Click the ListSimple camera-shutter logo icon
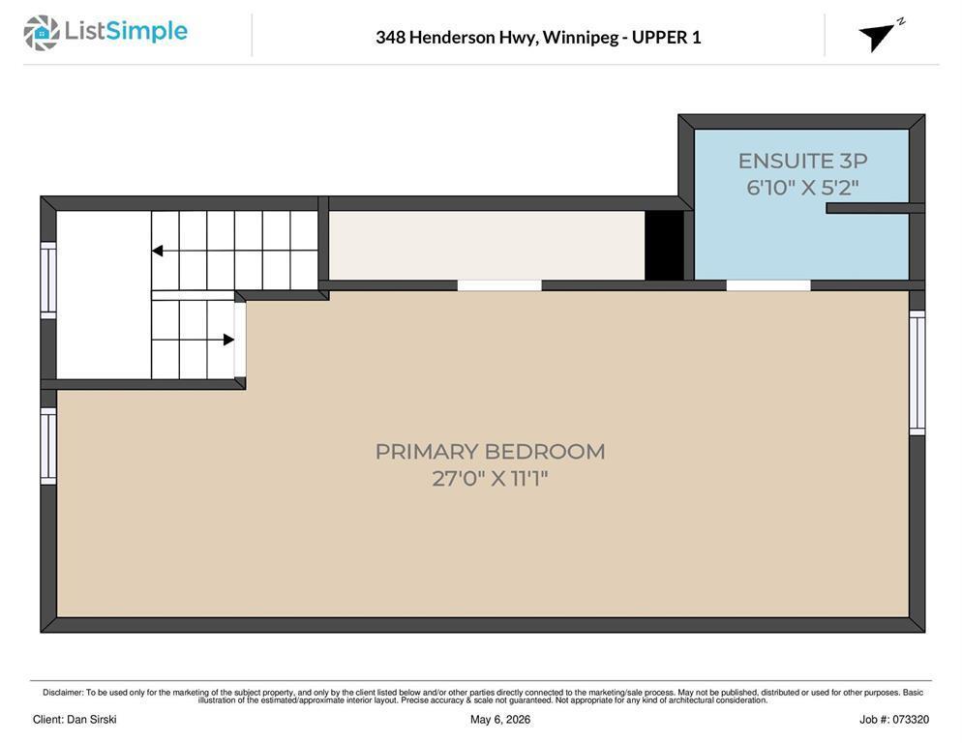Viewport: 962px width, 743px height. (41, 33)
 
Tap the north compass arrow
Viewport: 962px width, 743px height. (878, 37)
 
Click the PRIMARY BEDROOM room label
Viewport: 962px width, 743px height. (490, 452)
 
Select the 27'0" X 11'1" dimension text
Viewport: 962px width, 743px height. (490, 478)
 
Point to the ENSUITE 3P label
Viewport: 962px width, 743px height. (802, 161)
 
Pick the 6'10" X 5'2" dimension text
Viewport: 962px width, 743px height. (802, 187)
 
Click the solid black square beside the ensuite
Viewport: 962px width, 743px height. (665, 246)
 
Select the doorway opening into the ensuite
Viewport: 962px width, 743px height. (768, 285)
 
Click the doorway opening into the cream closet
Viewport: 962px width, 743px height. (499, 285)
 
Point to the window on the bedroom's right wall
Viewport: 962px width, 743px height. (917, 372)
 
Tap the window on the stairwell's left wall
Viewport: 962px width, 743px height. (48, 281)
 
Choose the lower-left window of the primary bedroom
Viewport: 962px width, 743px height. (48, 446)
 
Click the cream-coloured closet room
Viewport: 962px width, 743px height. (487, 246)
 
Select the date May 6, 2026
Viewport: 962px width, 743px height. (500, 720)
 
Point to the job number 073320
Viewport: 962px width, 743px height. (911, 720)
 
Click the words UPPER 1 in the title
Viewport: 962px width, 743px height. (666, 38)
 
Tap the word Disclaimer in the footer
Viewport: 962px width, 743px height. (63, 693)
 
